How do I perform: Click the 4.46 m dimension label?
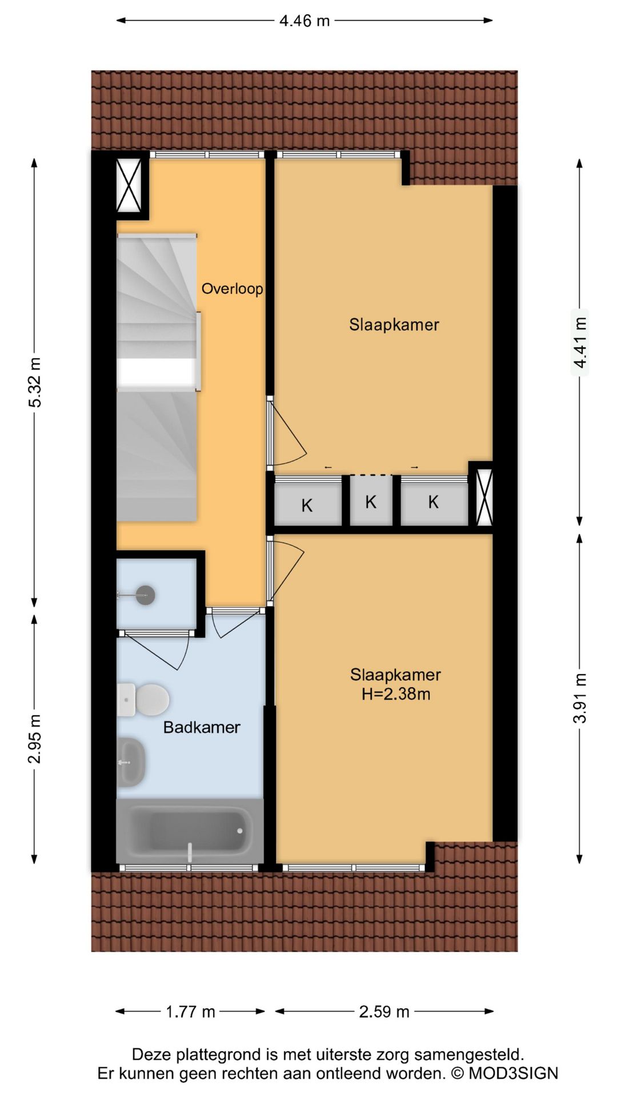(305, 21)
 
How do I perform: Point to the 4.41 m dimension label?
(580, 342)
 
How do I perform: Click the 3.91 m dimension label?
(580, 698)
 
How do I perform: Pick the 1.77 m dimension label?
(190, 1012)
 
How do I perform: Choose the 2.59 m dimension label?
(384, 1012)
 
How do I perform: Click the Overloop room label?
(232, 289)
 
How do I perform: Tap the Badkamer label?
(202, 727)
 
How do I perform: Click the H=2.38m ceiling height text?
(395, 694)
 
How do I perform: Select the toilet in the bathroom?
(146, 699)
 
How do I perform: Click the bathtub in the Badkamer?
(190, 830)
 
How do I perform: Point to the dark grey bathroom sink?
(131, 762)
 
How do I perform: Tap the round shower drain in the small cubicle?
(145, 595)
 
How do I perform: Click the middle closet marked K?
(371, 502)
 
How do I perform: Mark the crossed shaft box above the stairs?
(129, 186)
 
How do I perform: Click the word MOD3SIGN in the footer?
(513, 1073)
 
